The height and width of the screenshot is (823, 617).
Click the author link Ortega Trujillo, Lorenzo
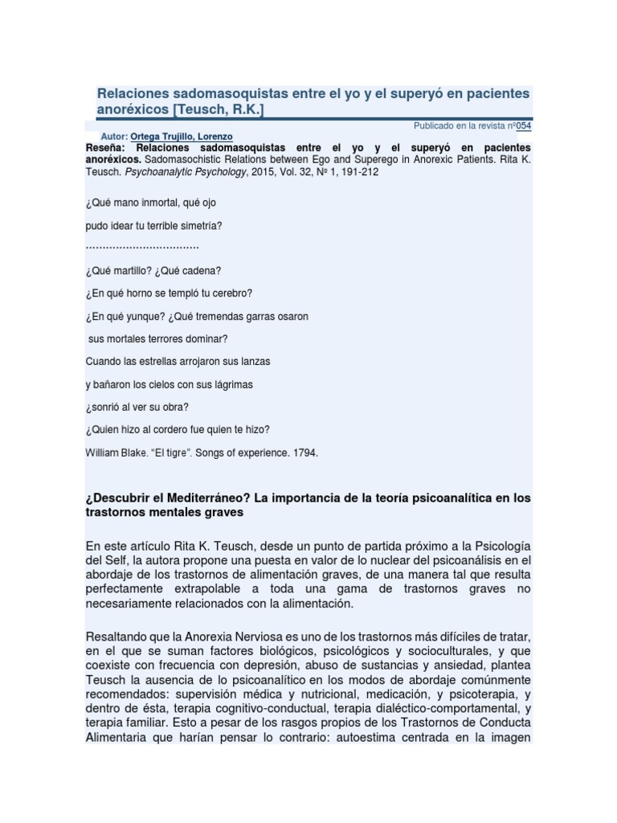pyautogui.click(x=181, y=137)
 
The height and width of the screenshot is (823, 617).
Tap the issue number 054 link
pyautogui.click(x=523, y=126)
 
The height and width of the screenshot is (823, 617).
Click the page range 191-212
pyautogui.click(x=358, y=171)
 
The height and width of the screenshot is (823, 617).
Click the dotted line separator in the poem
pyautogui.click(x=141, y=247)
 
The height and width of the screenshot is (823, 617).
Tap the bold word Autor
pyautogui.click(x=114, y=137)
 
